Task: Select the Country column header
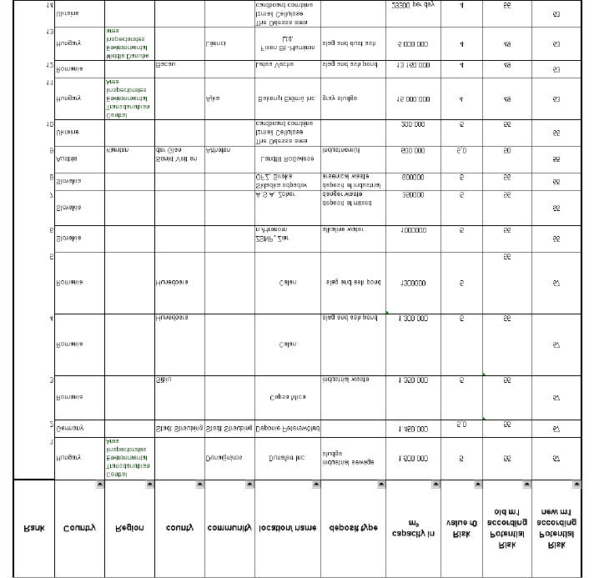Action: (79, 527)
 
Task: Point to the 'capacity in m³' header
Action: (411, 527)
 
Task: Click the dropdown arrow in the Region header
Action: (148, 485)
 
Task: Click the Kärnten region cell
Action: (118, 151)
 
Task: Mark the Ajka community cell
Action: (212, 98)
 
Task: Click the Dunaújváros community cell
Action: (224, 458)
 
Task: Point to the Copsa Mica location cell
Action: (287, 398)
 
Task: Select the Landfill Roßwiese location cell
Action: (287, 158)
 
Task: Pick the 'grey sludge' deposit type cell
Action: (340, 98)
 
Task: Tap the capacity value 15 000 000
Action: (411, 99)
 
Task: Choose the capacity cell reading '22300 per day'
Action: (411, 5)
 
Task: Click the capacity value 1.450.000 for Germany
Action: (411, 429)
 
